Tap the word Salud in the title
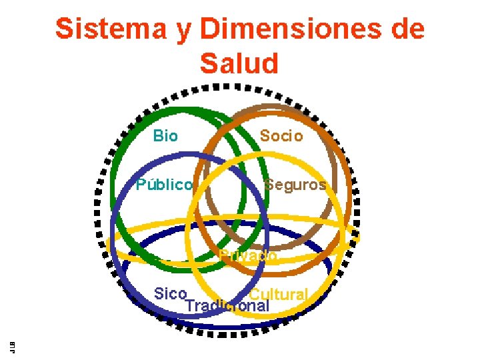[239, 63]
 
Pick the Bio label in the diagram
[165, 137]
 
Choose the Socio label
[281, 137]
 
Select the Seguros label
[295, 185]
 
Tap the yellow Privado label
[249, 255]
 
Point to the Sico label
[170, 294]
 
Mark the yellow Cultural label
[279, 295]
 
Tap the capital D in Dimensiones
[211, 30]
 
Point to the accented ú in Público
[151, 185]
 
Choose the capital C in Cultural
[255, 295]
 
